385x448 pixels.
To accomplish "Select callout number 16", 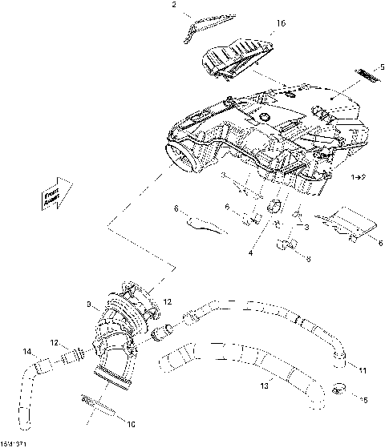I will point(281,25).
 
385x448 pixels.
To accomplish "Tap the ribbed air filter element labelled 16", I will point(234,61).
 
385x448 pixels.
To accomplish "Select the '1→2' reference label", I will point(359,176).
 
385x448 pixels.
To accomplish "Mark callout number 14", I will point(27,351).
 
